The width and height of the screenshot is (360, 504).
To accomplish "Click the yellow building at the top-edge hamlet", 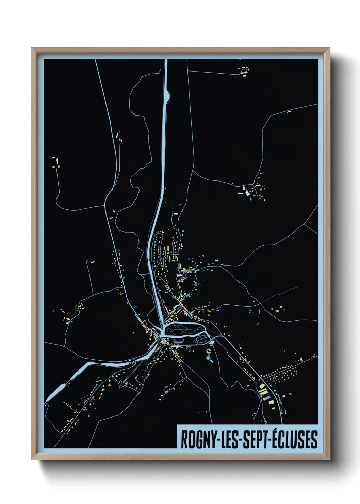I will [244, 75].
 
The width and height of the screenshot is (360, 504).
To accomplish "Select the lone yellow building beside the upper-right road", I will [289, 111].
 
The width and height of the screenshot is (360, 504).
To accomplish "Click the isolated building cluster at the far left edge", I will [55, 162].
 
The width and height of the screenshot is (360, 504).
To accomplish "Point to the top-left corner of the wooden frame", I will [31, 48].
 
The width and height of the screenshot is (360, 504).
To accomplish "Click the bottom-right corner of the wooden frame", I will [330, 459].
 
